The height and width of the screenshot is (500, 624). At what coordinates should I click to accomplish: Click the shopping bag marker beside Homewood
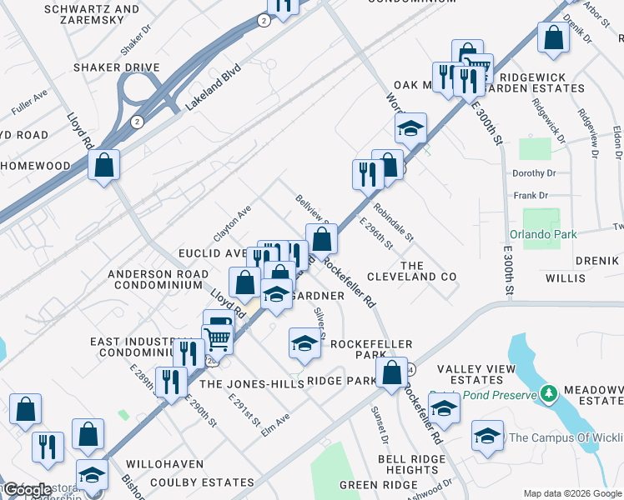coord(104,164)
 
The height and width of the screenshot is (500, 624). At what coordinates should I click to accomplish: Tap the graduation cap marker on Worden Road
coord(410,128)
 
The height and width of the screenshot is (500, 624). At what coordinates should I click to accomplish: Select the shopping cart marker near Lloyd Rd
coord(218,338)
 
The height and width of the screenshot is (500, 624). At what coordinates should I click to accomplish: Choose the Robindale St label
coord(394,222)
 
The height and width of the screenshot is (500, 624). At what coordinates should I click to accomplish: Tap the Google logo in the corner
coord(26,490)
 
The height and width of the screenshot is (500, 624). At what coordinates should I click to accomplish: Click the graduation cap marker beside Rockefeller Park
coord(305,344)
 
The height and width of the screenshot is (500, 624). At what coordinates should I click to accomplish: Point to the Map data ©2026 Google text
coord(571,493)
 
